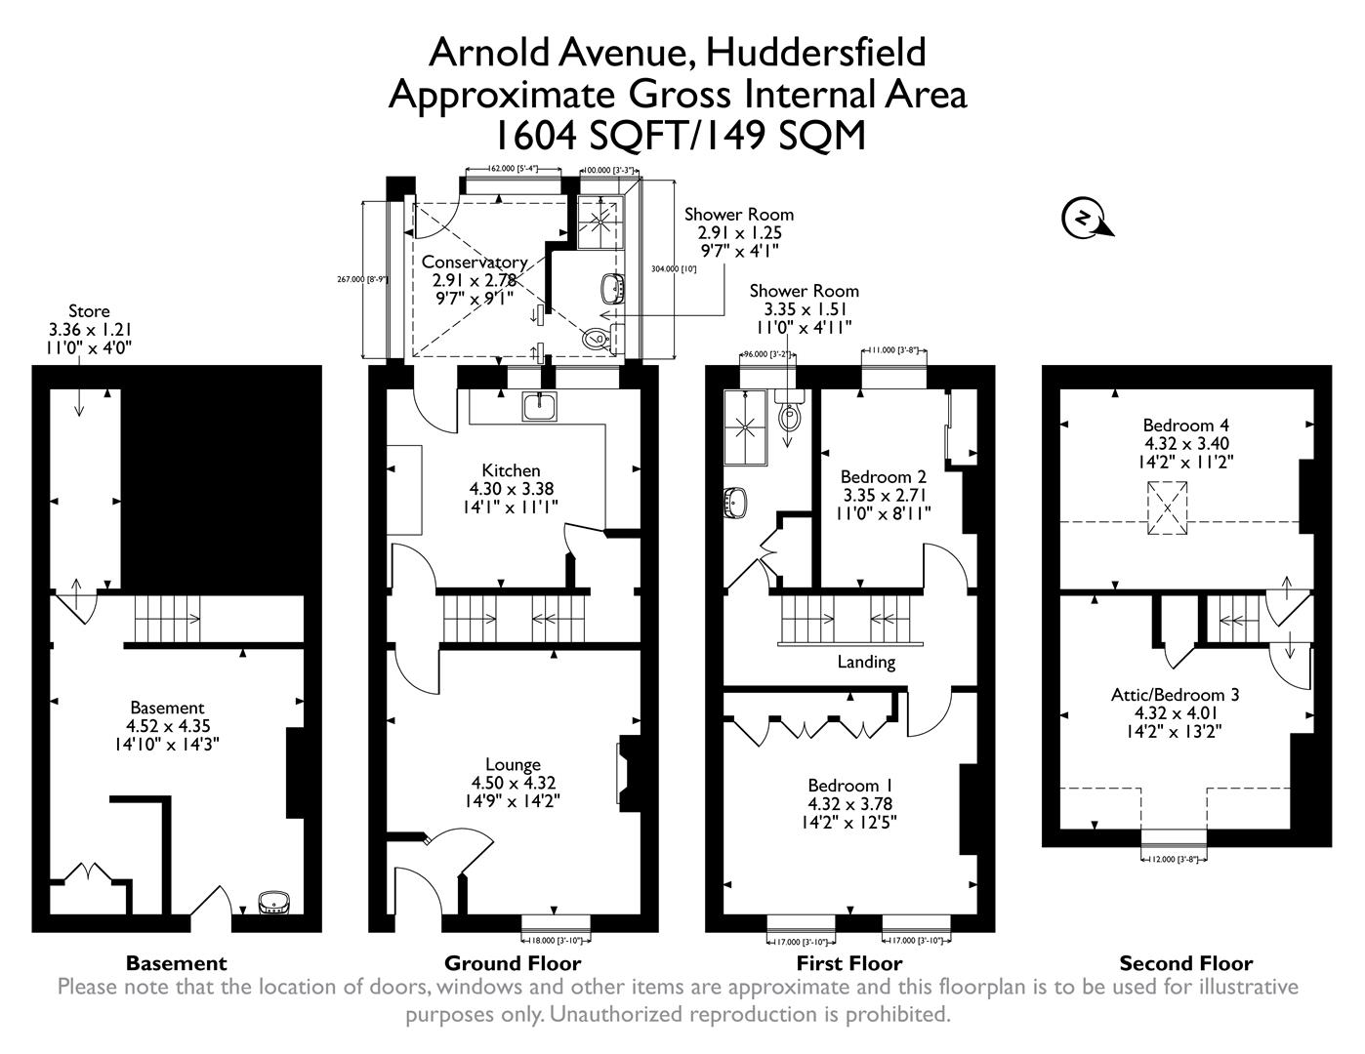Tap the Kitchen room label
(x=511, y=470)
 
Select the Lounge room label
(x=513, y=764)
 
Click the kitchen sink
(x=538, y=406)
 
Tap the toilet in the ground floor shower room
(x=598, y=339)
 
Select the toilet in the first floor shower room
(x=791, y=417)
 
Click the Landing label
(x=866, y=662)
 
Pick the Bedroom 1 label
(x=851, y=786)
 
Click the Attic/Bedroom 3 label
(x=1175, y=695)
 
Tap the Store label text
(x=89, y=311)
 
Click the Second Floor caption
(x=1185, y=963)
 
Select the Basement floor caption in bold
(x=176, y=963)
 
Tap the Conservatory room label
(x=474, y=263)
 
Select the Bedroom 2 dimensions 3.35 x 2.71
(x=884, y=495)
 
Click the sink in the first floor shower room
(x=735, y=502)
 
